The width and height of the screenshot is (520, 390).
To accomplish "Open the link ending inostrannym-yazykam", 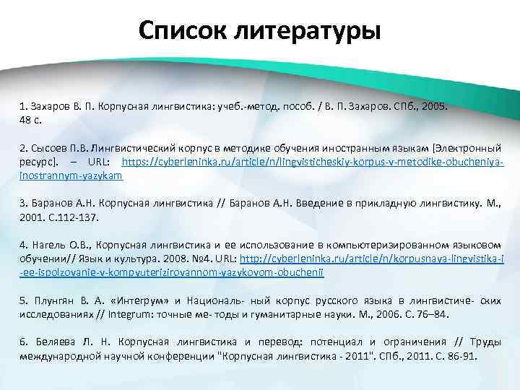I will [71, 175].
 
